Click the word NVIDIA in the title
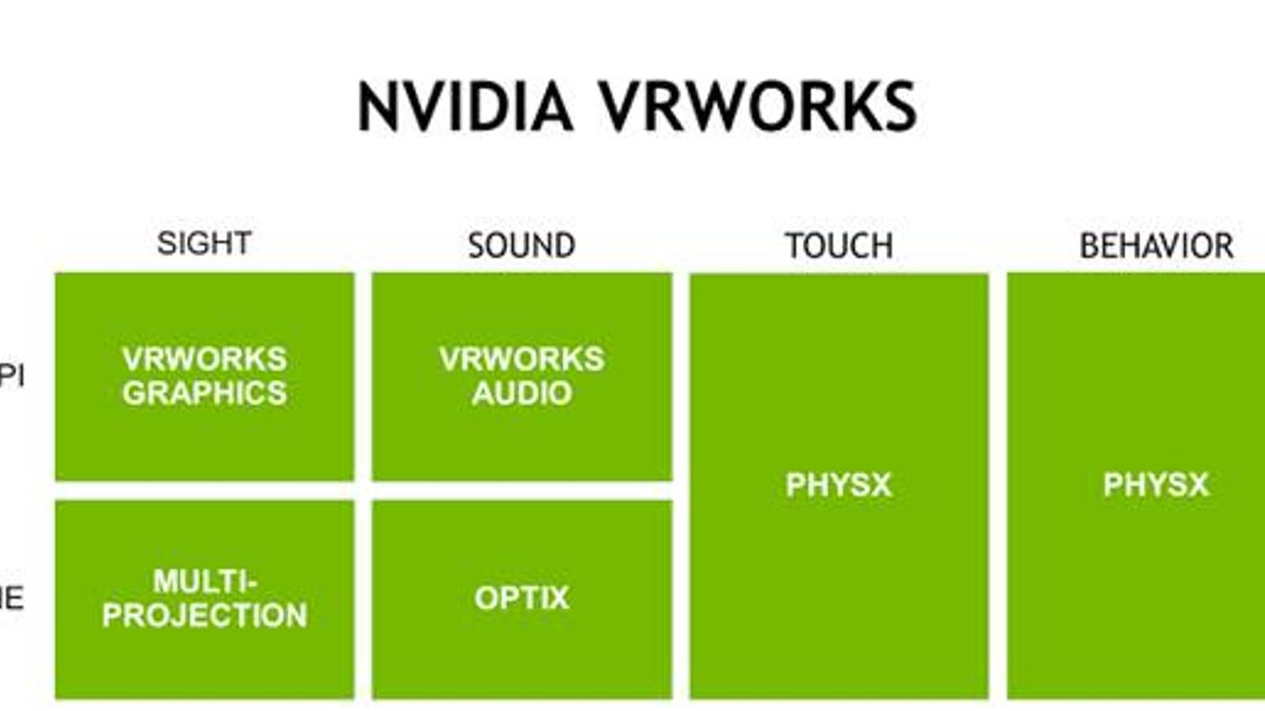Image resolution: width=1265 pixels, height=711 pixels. pyautogui.click(x=465, y=107)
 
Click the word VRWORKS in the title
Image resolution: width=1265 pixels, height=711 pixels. pyautogui.click(x=757, y=107)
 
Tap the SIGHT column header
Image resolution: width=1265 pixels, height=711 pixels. pyautogui.click(x=204, y=243)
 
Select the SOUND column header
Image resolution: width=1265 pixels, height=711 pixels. pyautogui.click(x=521, y=246)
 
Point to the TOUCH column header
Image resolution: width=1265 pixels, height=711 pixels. pyautogui.click(x=839, y=246)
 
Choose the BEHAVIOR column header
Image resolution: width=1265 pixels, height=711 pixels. pyautogui.click(x=1156, y=246)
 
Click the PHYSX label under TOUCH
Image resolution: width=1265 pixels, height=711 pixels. pyautogui.click(x=838, y=484)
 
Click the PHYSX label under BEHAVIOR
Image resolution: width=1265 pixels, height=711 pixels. pyautogui.click(x=1156, y=484)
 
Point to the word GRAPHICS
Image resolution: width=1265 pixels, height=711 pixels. pyautogui.click(x=204, y=393)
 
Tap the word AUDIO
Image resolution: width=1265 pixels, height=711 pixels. pyautogui.click(x=522, y=393)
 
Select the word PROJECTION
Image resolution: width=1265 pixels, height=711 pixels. pyautogui.click(x=204, y=615)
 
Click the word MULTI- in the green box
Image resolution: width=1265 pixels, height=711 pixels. pyautogui.click(x=205, y=581)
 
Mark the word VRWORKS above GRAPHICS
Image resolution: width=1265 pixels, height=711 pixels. pyautogui.click(x=204, y=359)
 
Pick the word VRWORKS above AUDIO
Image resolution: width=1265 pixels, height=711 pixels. pyautogui.click(x=522, y=359)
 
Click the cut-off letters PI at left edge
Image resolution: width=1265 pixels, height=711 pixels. pyautogui.click(x=11, y=374)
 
